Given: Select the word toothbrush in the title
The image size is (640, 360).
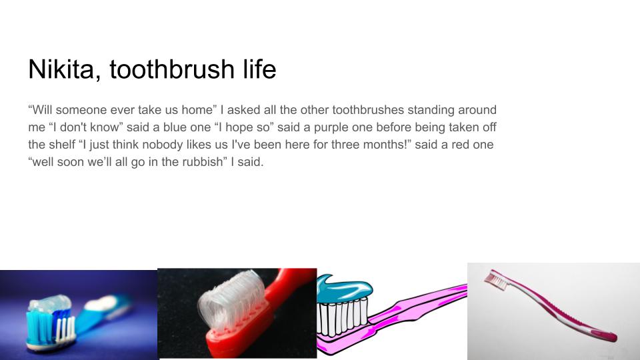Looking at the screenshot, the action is coord(172,69).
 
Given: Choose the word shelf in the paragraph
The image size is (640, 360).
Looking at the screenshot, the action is coord(61,145).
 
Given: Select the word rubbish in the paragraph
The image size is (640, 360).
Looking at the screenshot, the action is coord(203,161).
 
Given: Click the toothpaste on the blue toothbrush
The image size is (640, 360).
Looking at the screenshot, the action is coord(50,303).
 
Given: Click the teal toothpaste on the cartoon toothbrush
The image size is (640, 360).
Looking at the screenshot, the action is coord(345,289).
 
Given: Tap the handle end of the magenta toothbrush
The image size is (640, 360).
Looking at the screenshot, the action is coord(608,336).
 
